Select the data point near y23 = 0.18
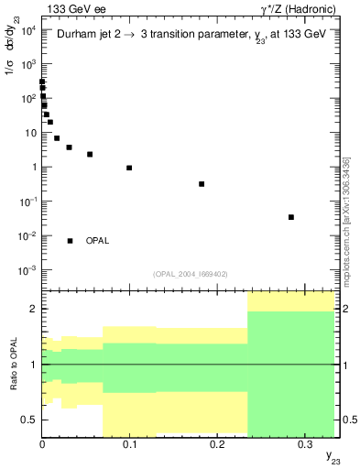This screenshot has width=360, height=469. pos(202,184)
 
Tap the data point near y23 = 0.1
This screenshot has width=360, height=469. pos(129,168)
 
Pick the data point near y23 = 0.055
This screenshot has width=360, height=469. pos(90,154)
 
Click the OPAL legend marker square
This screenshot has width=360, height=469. pos(70,241)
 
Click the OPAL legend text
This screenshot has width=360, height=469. pos(98,241)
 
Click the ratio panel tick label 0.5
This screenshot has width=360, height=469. pos(30,420)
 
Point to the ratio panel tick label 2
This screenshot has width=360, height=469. pos(33,309)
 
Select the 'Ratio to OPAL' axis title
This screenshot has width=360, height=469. pos(14,365)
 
